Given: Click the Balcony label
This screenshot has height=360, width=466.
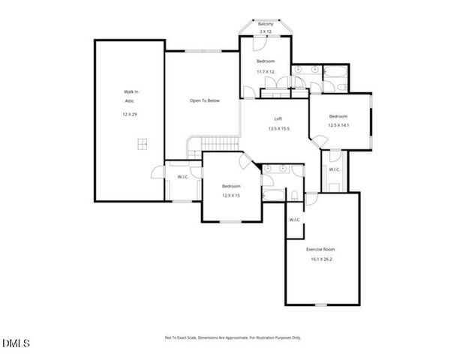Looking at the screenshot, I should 266,25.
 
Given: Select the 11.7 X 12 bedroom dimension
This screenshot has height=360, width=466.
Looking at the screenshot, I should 266,71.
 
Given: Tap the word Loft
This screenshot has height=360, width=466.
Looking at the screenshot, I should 278,119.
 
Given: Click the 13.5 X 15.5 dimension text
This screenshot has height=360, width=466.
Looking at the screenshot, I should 278,129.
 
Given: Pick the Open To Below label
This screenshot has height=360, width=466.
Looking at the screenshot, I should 204,100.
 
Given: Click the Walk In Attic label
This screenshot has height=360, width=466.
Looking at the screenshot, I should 131,94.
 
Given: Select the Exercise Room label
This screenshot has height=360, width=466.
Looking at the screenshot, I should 320,248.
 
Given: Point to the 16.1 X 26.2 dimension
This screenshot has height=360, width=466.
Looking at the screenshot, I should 320,259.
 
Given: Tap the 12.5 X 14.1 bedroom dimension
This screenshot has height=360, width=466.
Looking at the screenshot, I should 339,126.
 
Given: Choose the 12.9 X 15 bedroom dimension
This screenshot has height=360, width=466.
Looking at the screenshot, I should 230,195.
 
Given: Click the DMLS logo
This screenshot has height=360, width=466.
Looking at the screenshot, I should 16,343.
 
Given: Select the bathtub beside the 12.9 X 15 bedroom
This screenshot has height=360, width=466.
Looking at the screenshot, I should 272,196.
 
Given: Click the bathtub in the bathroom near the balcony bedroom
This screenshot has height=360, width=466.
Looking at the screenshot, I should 332,73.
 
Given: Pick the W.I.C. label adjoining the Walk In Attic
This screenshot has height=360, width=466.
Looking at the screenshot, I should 182,177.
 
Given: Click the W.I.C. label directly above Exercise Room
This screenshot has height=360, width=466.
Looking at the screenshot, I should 295,220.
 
